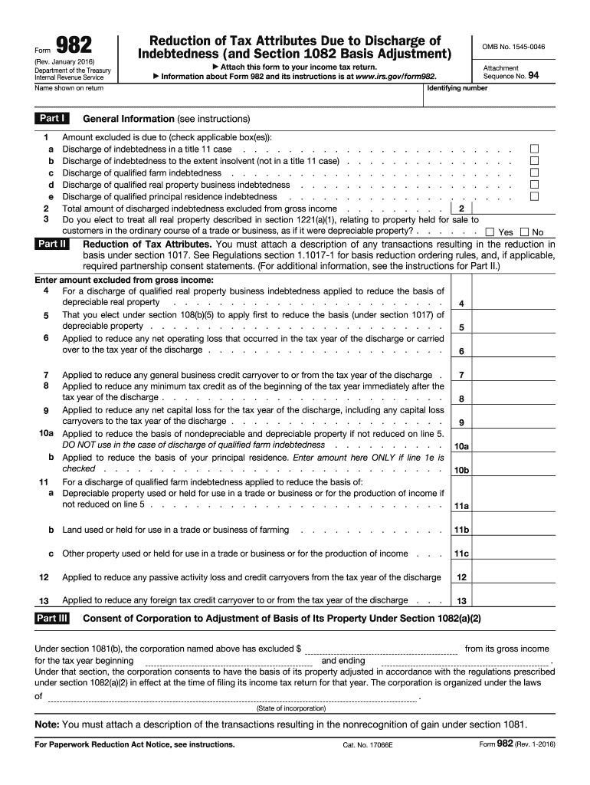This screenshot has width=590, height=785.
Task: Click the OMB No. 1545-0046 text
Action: click(513, 47)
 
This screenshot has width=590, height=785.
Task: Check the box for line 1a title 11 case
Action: click(535, 149)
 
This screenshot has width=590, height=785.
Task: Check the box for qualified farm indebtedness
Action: click(535, 172)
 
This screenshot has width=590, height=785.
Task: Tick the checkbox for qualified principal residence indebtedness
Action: click(535, 196)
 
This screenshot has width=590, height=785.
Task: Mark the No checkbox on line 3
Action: click(524, 232)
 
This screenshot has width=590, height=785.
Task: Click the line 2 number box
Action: click(461, 209)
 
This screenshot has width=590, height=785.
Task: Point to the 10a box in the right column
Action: click(461, 446)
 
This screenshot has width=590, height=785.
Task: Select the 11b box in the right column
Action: click(461, 530)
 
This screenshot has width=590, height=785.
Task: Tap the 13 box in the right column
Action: click(461, 601)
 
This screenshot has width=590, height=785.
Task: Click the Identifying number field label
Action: click(457, 88)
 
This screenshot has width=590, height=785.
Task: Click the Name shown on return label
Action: click(70, 88)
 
